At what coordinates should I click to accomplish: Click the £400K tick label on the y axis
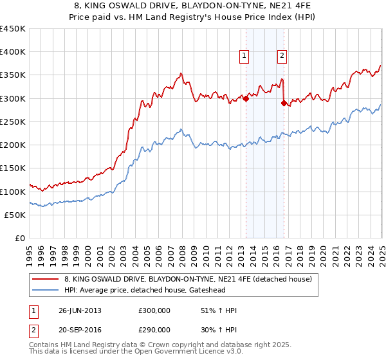(14, 52)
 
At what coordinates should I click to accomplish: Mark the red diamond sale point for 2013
(246, 98)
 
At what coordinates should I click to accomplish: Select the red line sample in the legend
(45, 279)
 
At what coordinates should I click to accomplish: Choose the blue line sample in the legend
(45, 289)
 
